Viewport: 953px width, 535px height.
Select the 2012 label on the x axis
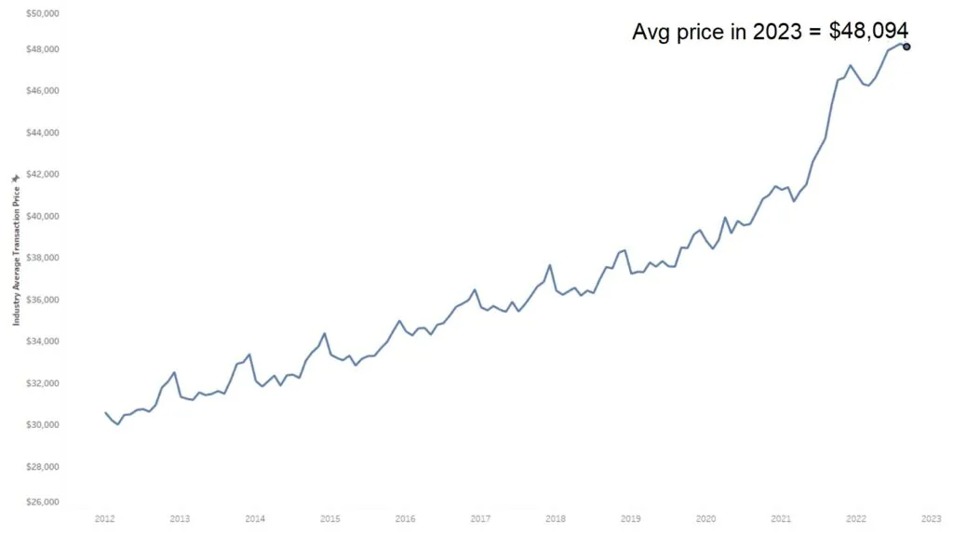coord(105,518)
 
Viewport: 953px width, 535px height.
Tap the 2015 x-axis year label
coord(330,518)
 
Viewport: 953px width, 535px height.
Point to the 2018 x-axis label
coord(556,518)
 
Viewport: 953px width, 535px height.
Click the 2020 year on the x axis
coord(706,518)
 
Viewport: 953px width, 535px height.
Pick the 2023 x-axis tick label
coord(931,518)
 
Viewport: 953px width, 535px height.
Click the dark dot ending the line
coord(906,47)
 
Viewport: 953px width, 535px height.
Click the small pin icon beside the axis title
coord(16,176)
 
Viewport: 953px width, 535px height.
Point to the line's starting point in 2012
coord(105,412)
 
